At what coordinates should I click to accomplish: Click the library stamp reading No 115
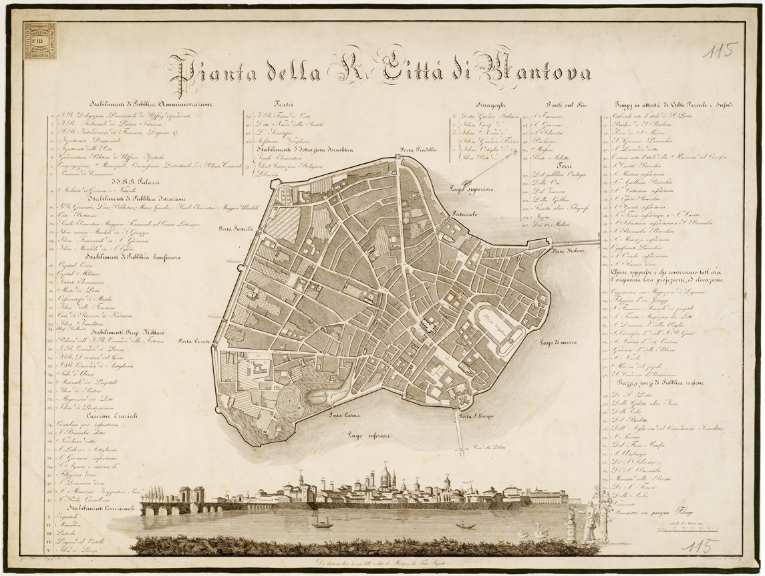(39, 41)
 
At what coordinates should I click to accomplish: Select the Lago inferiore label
(369, 435)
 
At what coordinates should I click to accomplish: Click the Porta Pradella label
(418, 150)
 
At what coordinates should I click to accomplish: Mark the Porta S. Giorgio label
(476, 416)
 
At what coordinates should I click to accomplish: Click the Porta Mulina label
(568, 250)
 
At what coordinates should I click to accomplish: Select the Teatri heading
(284, 104)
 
